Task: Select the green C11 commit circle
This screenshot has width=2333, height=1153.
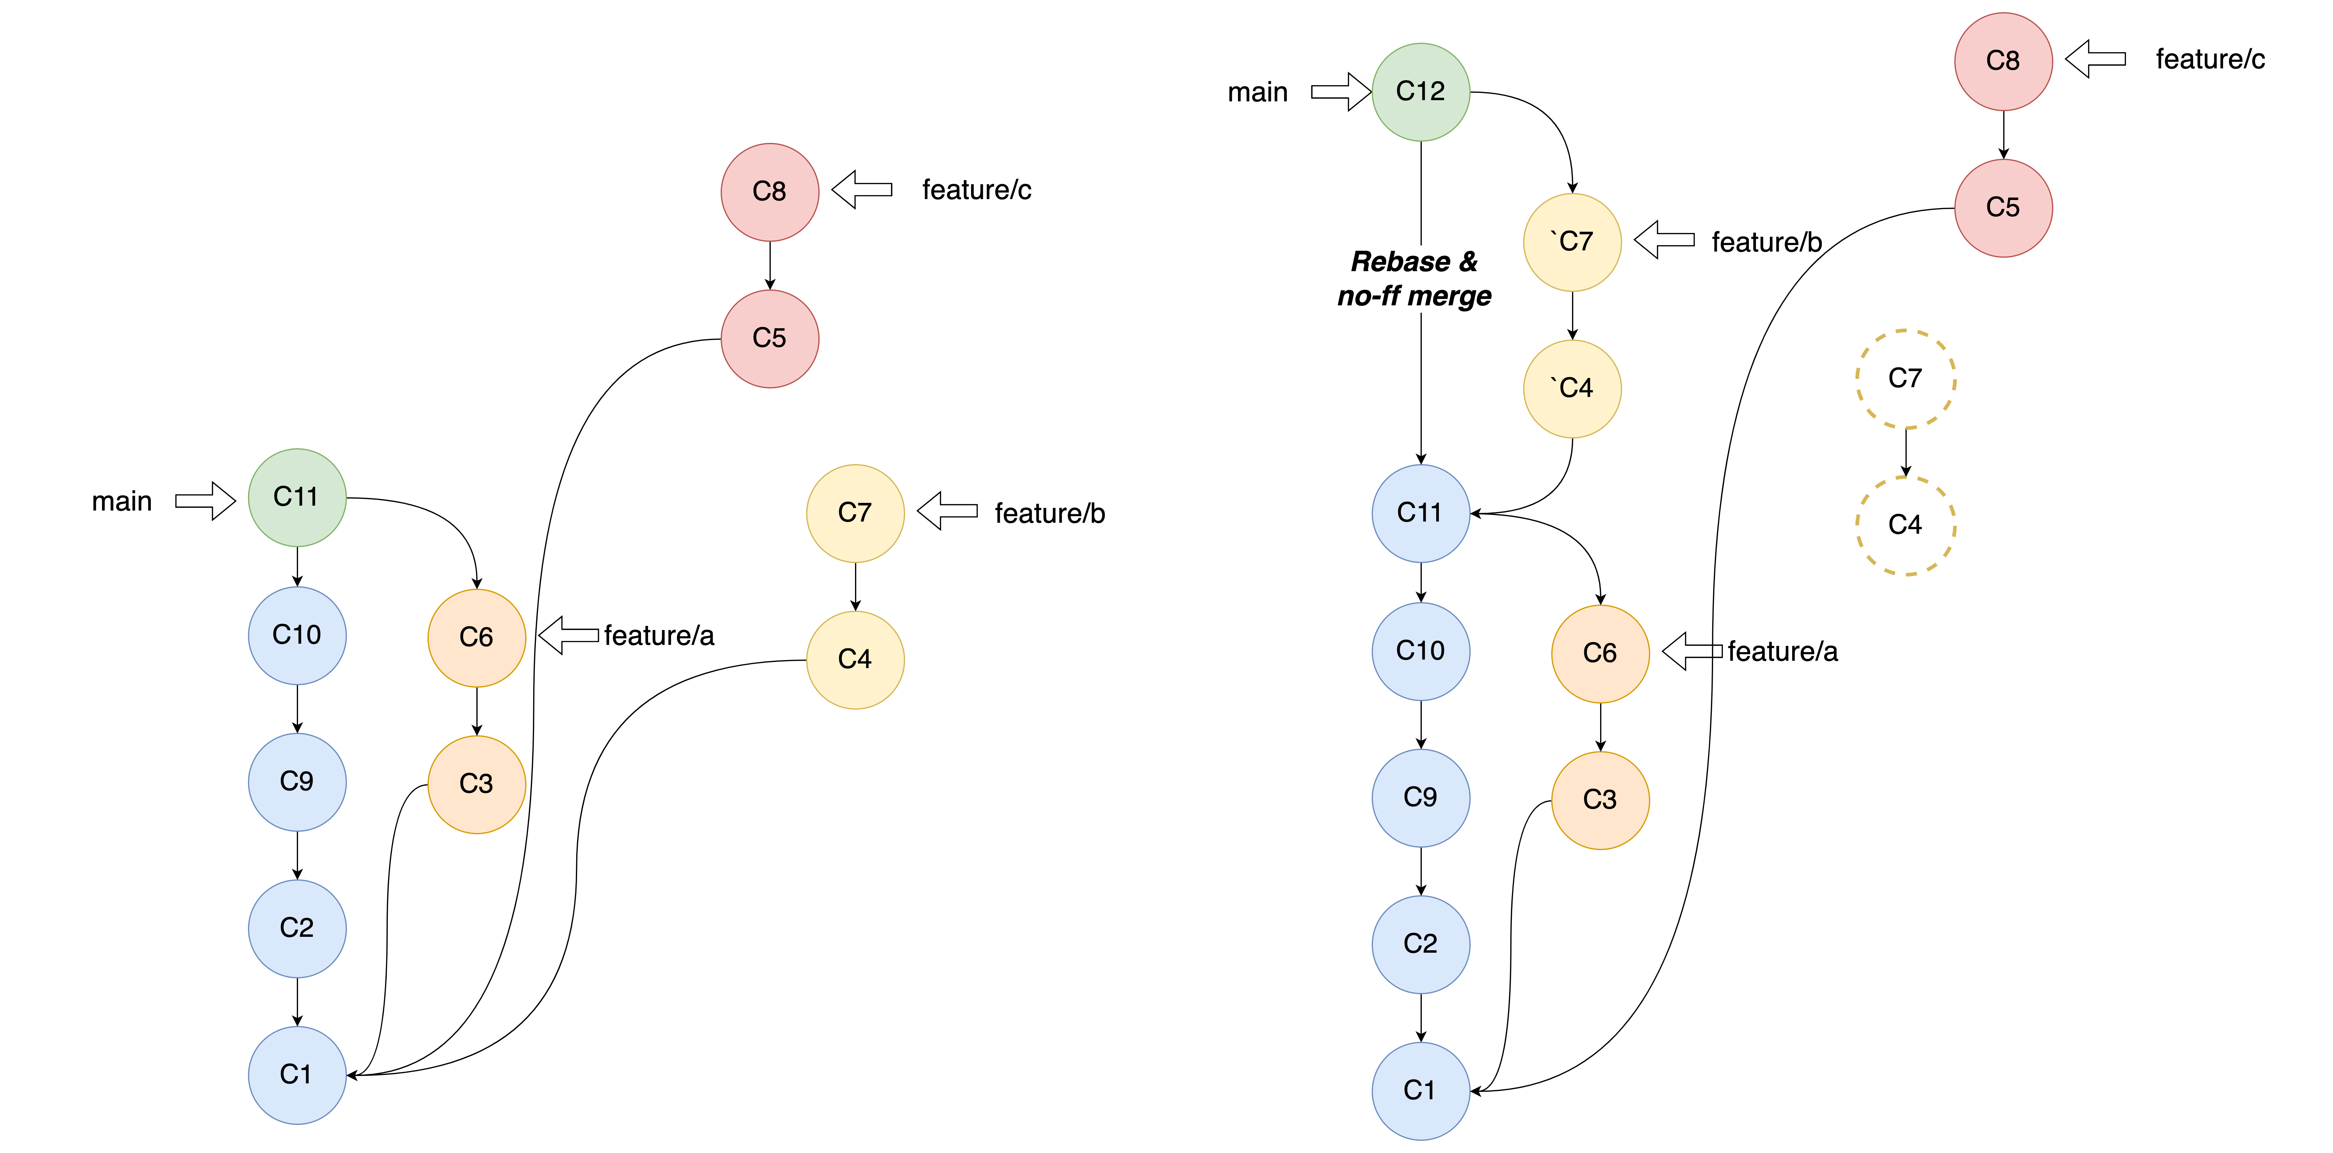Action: pos(297,497)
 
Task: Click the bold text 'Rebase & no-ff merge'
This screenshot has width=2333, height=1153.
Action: pos(1415,279)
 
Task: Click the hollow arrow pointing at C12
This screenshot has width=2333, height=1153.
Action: pos(1341,92)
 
